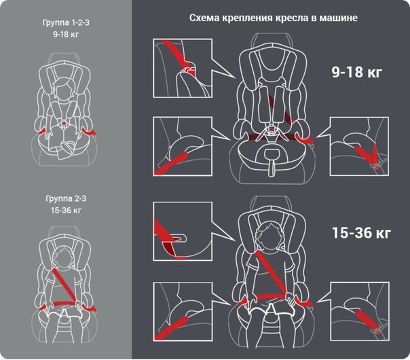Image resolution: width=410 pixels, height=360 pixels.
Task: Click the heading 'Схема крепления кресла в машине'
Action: point(274,18)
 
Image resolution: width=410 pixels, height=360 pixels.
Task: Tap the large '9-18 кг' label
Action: point(356,72)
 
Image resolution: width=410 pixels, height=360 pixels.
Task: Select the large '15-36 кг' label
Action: point(361,232)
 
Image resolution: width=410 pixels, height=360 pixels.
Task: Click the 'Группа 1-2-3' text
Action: point(66,23)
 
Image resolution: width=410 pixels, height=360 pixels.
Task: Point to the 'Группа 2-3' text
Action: point(66,198)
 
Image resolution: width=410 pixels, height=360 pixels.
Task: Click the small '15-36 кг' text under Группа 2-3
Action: point(66,210)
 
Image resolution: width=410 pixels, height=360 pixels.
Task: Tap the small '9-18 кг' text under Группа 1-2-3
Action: point(66,34)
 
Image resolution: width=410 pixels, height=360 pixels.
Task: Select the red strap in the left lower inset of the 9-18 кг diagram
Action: point(171,164)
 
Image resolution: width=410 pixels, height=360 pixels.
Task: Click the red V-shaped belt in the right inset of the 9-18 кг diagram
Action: point(367,154)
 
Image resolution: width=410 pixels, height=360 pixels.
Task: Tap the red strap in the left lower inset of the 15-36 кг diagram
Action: point(172,328)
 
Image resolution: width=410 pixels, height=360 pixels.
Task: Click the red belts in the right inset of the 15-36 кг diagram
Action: point(366,321)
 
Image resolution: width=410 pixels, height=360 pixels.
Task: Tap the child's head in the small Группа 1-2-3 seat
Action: point(64,89)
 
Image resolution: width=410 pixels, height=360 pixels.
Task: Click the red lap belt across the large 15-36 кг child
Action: point(272,297)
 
